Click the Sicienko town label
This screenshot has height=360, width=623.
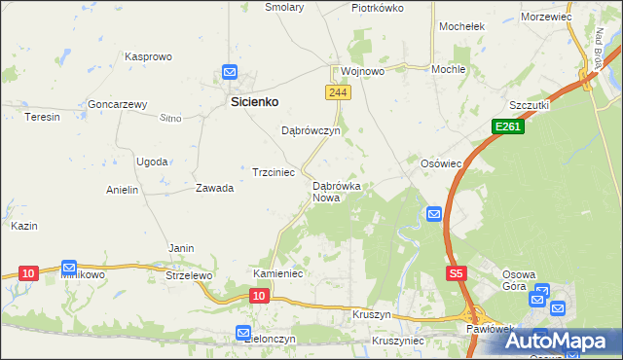255,100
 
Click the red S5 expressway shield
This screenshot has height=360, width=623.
456,274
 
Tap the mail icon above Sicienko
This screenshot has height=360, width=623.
230,72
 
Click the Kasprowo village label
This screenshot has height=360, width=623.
149,57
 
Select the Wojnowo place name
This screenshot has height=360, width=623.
362,71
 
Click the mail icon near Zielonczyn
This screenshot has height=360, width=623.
243,333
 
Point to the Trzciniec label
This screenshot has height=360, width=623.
274,171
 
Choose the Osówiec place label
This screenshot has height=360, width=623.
440,163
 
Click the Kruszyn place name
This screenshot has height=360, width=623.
373,316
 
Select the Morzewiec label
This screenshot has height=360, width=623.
546,18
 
